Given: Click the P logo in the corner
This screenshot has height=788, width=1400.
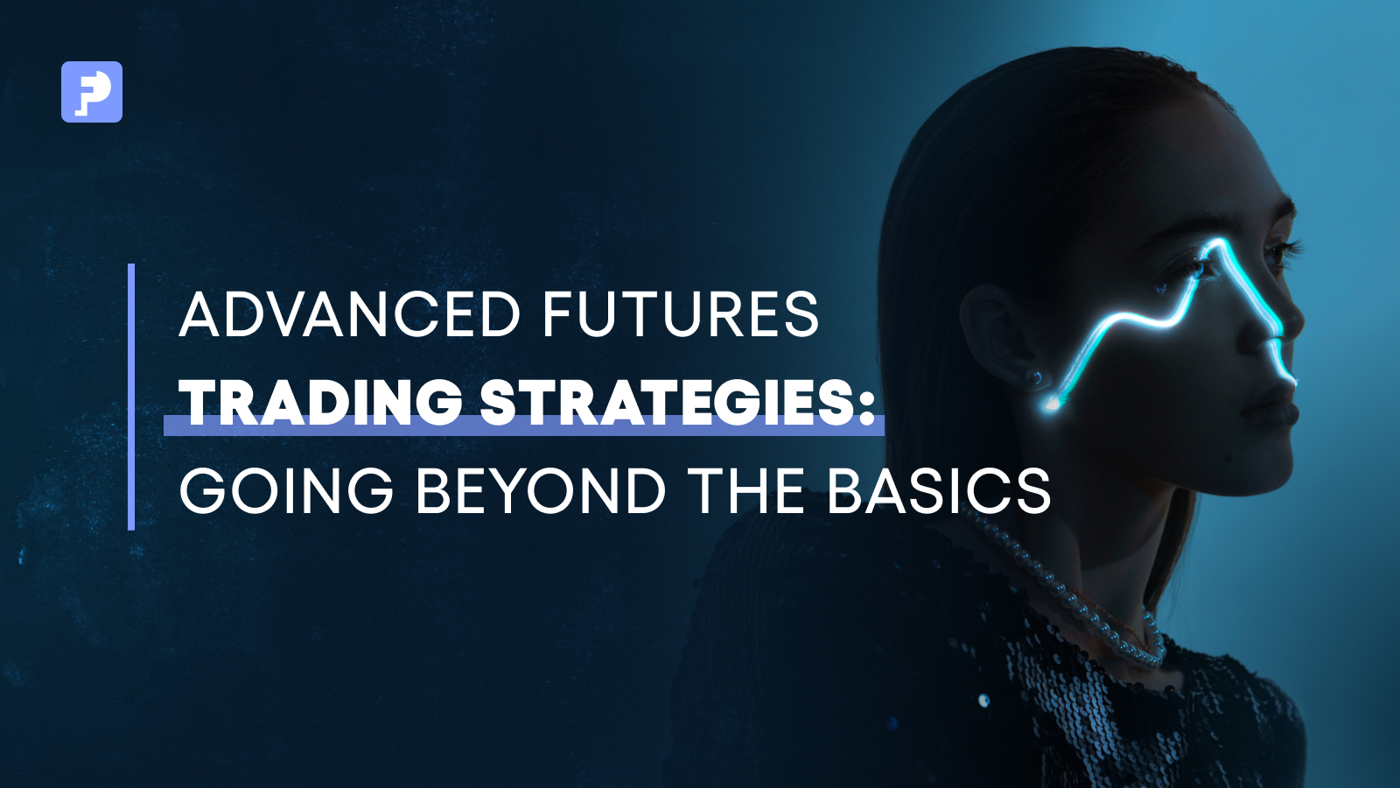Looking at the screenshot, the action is (92, 92).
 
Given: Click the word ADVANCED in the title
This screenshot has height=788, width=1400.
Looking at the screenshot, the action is (349, 313).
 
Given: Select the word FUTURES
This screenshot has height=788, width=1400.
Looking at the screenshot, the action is (681, 313).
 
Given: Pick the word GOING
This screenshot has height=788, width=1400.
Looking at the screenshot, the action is (286, 490).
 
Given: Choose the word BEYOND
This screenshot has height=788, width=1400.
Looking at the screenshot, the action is (541, 490).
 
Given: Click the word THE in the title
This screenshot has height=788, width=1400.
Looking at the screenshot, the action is (749, 490).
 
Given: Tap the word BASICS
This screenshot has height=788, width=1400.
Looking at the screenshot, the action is (940, 490).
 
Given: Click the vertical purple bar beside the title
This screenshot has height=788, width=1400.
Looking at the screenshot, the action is (131, 397).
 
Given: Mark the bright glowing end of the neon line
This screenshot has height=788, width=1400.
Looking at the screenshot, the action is (1052, 405).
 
